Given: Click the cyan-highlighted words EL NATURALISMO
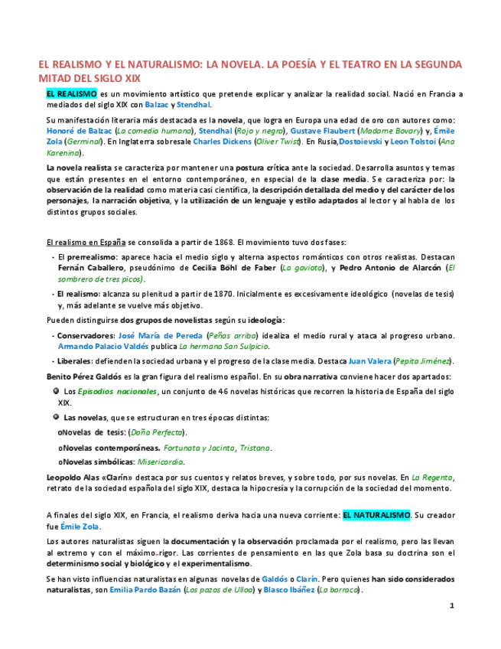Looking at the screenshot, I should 376,515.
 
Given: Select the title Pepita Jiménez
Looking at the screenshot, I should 423,361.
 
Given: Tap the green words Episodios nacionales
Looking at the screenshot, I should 118,392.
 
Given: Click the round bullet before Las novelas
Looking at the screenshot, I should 56,417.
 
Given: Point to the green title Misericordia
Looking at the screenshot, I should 160,461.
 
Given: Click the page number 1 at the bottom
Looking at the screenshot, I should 451,606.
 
